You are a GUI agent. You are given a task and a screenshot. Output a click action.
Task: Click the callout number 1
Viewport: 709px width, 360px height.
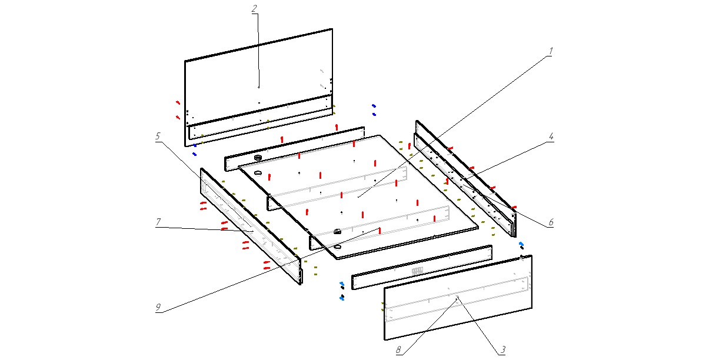551,51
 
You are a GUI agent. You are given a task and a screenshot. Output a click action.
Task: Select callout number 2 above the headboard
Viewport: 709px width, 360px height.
255,9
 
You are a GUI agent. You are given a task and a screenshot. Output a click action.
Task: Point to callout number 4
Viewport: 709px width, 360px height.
551,136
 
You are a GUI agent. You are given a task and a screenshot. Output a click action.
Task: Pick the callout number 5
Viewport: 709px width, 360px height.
158,136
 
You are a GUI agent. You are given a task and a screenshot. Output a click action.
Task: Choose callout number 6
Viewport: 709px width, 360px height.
551,222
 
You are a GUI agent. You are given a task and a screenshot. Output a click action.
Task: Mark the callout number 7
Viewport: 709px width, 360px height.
158,222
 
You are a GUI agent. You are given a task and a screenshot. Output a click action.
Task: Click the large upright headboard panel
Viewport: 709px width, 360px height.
259,71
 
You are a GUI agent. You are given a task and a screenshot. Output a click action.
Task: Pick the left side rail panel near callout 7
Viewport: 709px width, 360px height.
250,226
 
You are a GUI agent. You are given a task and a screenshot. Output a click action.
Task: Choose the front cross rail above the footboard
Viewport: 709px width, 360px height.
421,268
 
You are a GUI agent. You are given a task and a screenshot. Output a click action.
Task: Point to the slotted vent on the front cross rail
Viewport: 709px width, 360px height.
417,271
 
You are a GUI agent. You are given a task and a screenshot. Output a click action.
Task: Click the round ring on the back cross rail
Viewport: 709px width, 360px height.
257,158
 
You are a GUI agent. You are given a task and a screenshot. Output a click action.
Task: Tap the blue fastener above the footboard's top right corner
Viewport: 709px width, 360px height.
521,243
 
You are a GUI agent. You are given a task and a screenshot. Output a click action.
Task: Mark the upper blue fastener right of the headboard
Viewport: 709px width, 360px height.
374,106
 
